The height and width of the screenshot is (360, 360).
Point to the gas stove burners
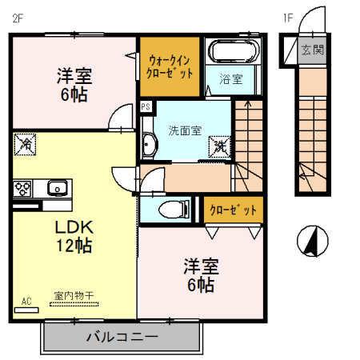tap(22, 189)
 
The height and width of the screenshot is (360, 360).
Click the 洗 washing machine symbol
tap(218, 146)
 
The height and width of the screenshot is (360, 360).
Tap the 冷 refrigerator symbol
tap(25, 145)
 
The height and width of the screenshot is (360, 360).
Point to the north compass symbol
tap(309, 239)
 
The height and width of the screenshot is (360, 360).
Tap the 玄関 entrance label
tap(312, 50)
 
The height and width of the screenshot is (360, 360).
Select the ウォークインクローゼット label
tap(170, 65)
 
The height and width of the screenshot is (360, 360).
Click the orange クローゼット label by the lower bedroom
tap(233, 210)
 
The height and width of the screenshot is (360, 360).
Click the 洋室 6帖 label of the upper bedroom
tap(74, 84)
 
